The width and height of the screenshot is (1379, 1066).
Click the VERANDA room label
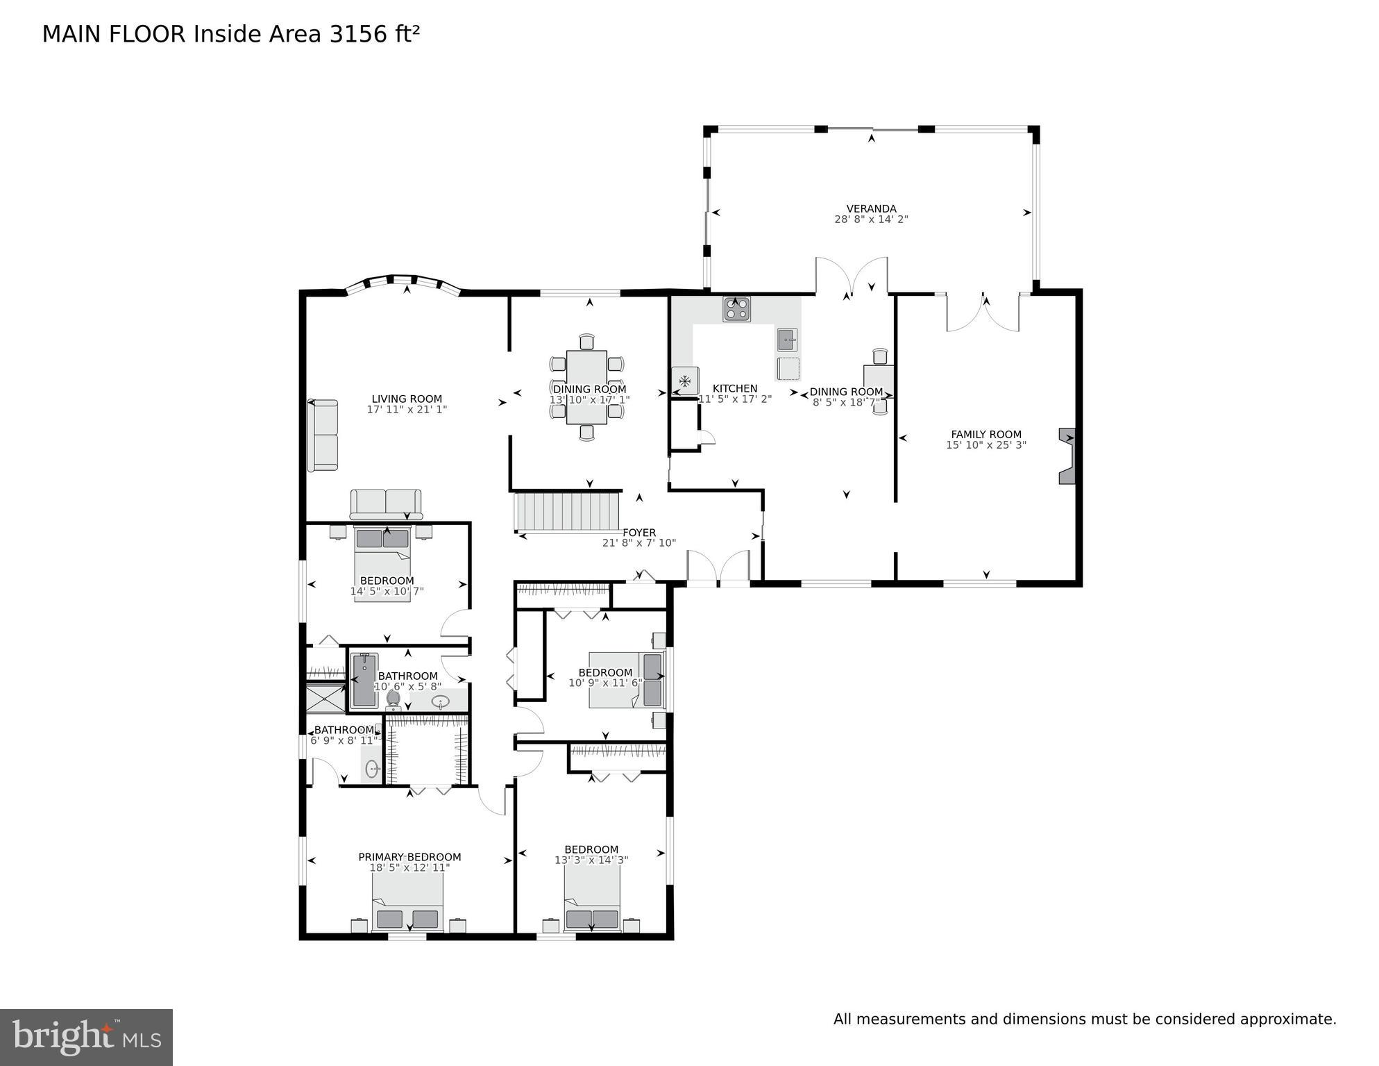(871, 208)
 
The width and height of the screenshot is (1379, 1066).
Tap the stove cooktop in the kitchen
(736, 308)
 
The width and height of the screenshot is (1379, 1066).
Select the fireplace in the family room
(1067, 456)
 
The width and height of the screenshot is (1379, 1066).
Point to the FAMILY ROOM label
(985, 435)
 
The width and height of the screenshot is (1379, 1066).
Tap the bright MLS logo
(86, 1038)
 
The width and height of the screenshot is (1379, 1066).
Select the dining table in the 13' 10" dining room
(587, 387)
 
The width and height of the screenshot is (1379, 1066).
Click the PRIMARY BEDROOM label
(409, 857)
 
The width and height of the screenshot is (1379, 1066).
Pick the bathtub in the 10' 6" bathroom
(364, 680)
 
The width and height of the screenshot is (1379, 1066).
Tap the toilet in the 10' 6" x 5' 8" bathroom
(394, 699)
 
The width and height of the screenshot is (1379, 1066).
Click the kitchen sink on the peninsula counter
(787, 340)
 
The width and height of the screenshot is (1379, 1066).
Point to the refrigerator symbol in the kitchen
(685, 381)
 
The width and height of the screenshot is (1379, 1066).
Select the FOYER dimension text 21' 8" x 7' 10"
(638, 543)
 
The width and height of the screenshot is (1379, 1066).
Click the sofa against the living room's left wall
(323, 435)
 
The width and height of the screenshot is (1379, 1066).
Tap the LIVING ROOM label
(407, 399)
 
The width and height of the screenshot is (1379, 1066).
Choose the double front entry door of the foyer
(718, 569)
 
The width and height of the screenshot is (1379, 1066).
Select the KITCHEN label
(735, 388)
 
